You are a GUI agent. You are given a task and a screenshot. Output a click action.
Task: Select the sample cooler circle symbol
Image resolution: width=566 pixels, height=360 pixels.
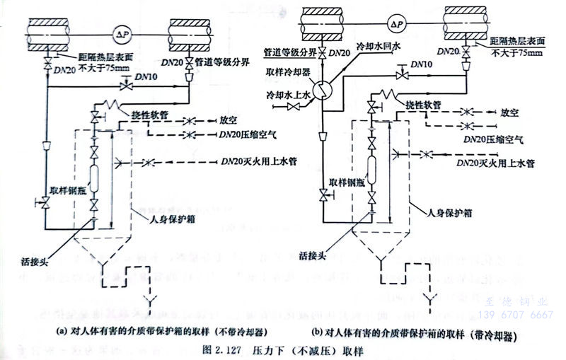pyautogui.click(x=322, y=86)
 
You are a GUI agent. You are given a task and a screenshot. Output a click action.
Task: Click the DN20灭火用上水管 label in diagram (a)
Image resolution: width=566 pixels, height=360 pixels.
pyautogui.click(x=258, y=161)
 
